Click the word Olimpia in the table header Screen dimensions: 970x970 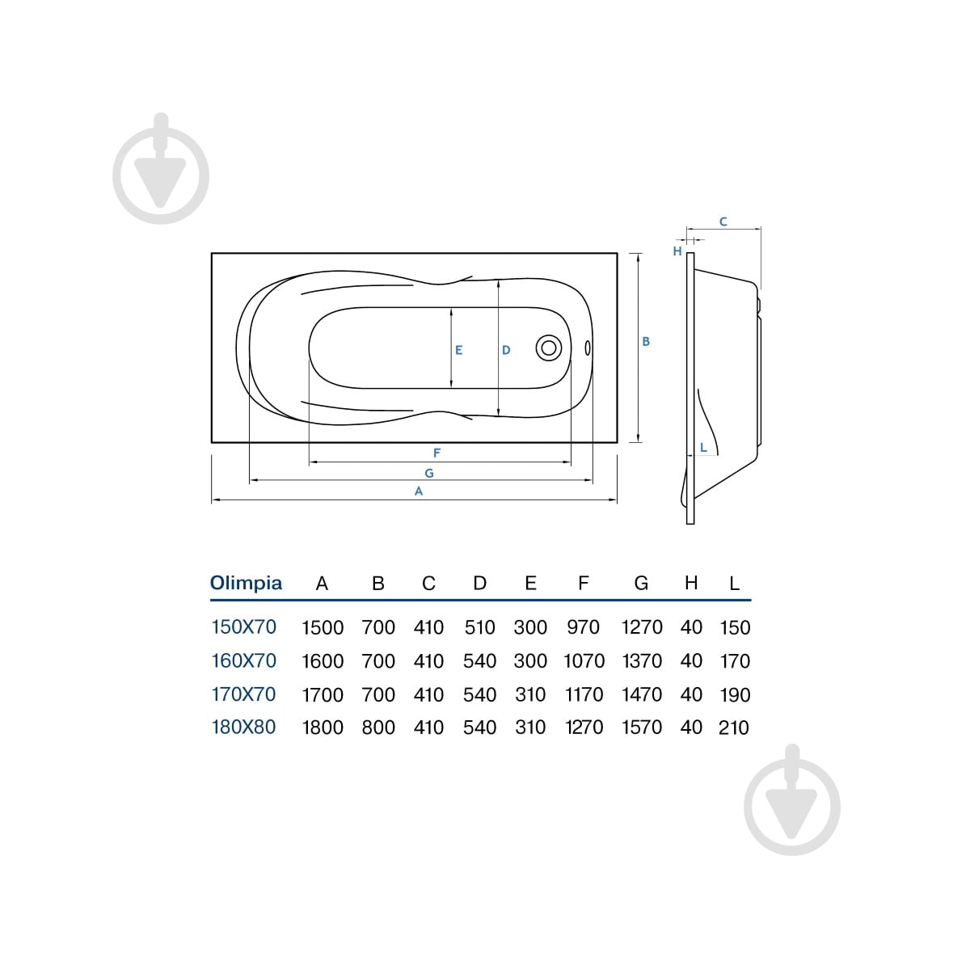coord(246,583)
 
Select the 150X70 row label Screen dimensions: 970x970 coord(243,626)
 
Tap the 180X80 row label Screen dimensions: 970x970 coord(243,727)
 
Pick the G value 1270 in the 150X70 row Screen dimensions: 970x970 coord(641,627)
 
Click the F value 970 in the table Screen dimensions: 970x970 coord(583,627)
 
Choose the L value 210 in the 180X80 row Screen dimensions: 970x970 coord(734,727)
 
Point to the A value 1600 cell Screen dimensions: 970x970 coord(323,661)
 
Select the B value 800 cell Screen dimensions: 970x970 coord(378,727)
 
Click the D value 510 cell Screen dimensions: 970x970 coord(479,627)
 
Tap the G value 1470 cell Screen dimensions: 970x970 coord(641,694)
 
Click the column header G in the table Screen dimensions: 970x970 coord(641,583)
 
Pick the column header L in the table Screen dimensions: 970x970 coord(735,584)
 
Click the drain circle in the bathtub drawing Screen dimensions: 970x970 coord(549,348)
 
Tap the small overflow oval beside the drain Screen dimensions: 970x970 coord(588,348)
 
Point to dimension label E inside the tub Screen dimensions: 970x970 coord(458,350)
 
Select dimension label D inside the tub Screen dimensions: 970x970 coord(506,350)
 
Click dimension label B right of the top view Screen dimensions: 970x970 coord(646,341)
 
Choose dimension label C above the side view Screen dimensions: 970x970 coord(723,221)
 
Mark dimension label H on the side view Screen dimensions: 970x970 coord(677,251)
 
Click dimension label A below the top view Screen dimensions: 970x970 coord(418,491)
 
